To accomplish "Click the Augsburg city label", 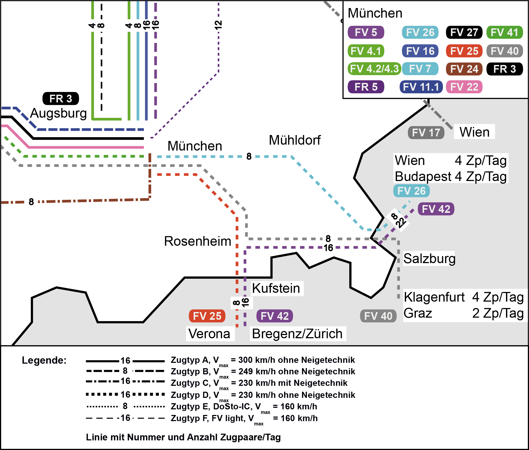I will coord(58,113).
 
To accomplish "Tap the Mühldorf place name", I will coord(294,140).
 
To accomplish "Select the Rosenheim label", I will coord(197,241).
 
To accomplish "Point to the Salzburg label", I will coord(429,259).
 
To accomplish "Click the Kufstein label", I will coord(276,289).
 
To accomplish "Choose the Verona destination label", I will coord(209,334).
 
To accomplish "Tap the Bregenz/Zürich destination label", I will coord(297,334).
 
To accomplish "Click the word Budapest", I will coord(423,176).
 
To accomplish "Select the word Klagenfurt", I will coord(434,297).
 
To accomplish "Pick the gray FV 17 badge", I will coord(426,133).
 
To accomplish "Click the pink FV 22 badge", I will coord(464,87).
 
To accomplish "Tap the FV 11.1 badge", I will coord(421,87).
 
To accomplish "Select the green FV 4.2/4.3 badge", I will coord(374,69).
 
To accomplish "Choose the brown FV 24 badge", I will coord(464,69).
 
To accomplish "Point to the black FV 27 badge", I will coord(464,32).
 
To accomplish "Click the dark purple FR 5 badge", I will coord(366,87).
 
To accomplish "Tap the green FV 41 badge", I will coord(504,32).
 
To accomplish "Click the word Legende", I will coord(44,360).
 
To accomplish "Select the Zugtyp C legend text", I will coord(259,383).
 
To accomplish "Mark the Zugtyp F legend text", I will coord(244,418).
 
